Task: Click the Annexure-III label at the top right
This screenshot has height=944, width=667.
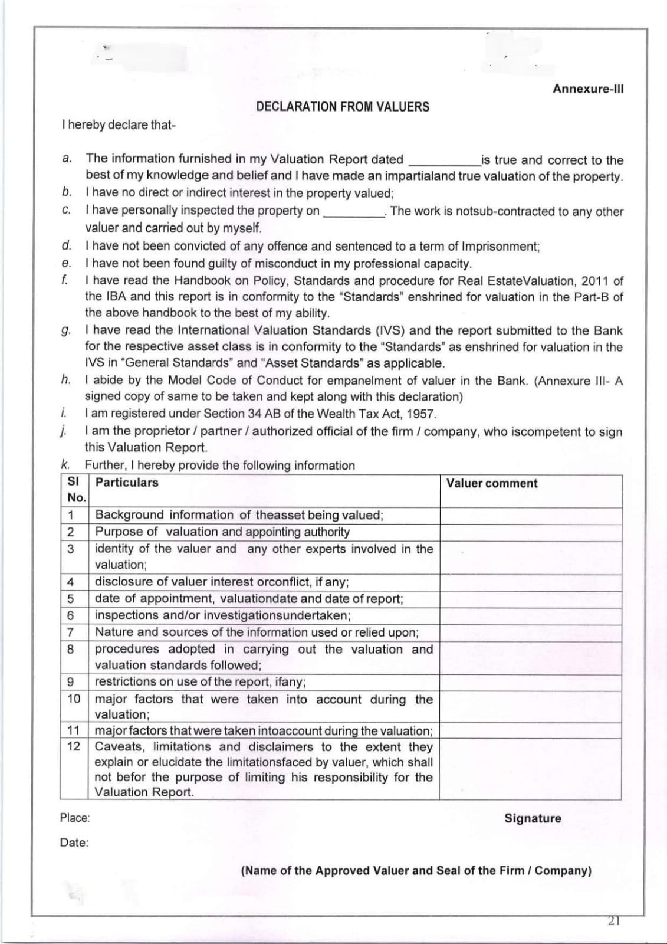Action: (x=588, y=89)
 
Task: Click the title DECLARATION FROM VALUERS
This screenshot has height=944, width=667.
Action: (x=343, y=107)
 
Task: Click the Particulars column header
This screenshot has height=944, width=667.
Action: (x=127, y=483)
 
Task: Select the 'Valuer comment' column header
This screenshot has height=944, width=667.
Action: (x=491, y=483)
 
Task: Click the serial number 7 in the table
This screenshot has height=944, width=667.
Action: (x=70, y=632)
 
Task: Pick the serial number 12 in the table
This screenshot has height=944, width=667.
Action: (x=74, y=746)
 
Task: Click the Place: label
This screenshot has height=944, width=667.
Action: (x=75, y=818)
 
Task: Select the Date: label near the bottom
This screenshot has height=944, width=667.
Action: (x=74, y=843)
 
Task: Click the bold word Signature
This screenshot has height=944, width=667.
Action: (x=533, y=818)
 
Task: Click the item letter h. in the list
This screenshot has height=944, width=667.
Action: (x=66, y=380)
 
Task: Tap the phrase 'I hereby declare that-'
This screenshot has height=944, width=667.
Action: (x=118, y=125)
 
